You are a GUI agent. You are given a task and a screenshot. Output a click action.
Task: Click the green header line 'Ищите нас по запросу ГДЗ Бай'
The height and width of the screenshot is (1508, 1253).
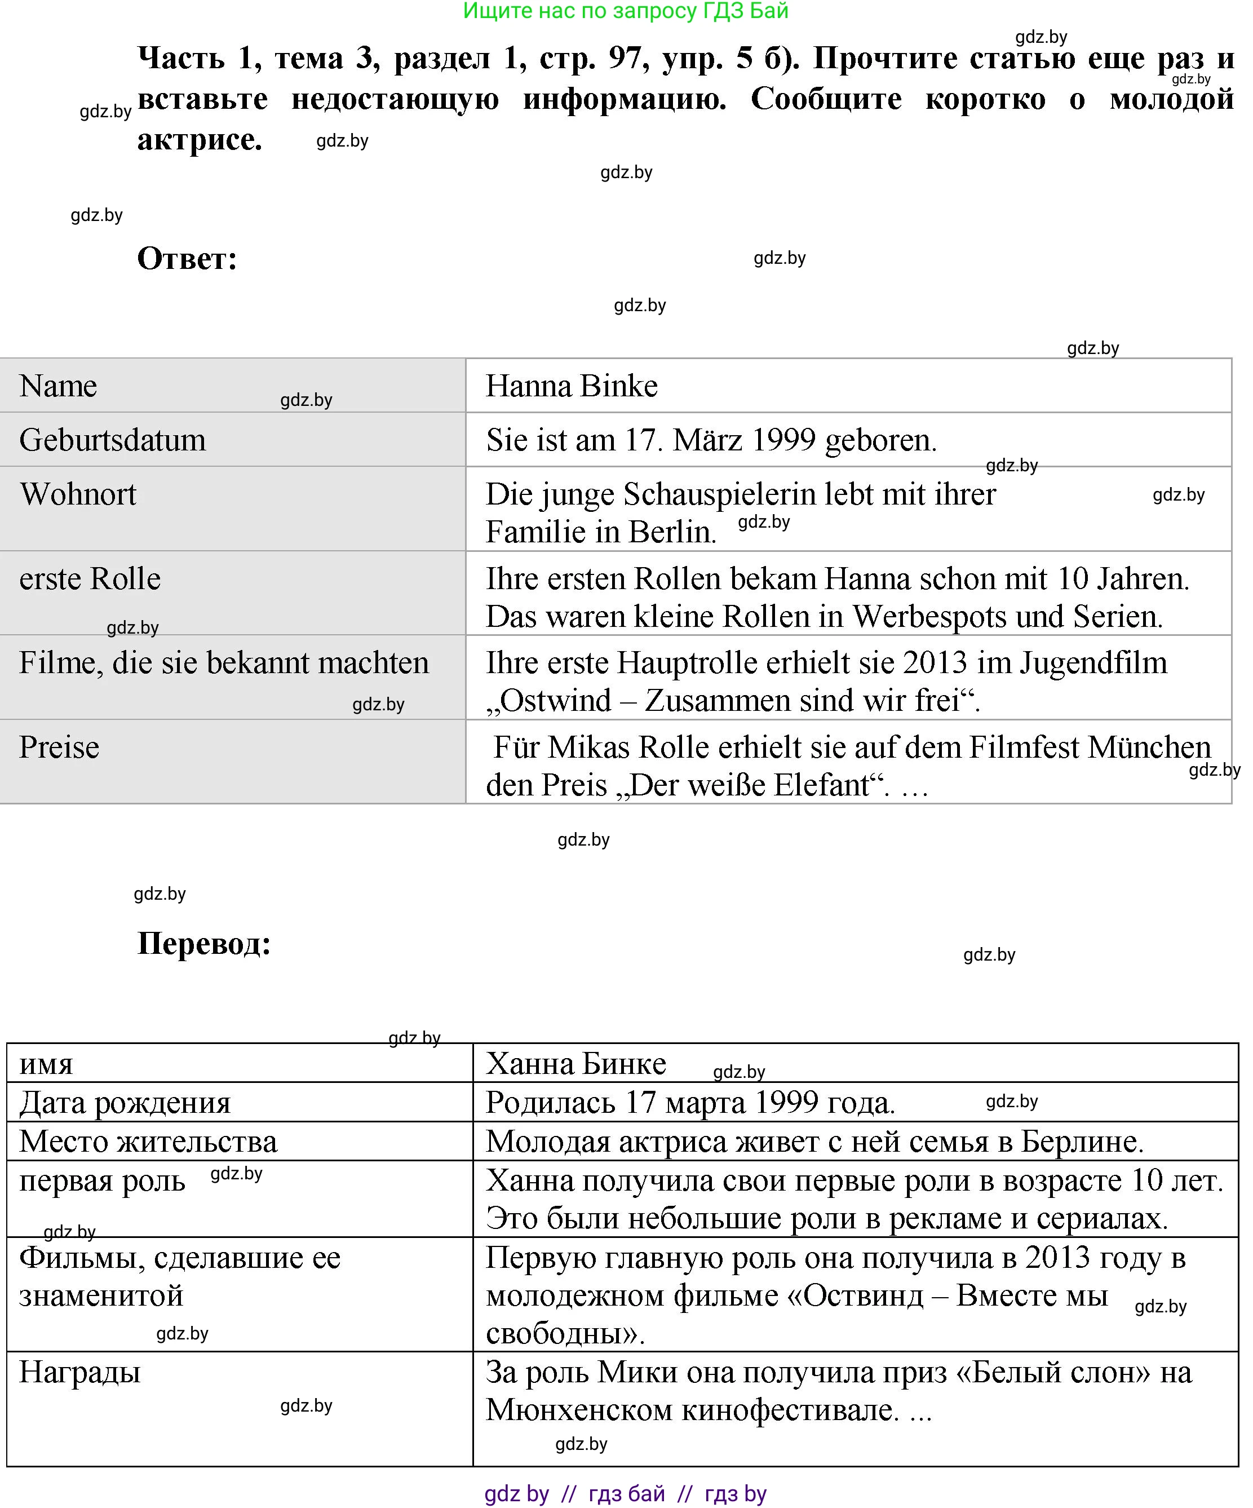pos(626,11)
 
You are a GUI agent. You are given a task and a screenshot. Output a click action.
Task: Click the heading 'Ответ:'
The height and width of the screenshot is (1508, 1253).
pos(187,259)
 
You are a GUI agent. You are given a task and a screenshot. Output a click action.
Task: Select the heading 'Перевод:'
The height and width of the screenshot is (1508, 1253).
pos(204,943)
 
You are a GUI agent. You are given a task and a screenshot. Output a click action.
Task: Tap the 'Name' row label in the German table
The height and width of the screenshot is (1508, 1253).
pos(58,386)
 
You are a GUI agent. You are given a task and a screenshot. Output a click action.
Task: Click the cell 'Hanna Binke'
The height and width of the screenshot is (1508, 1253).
pos(572,386)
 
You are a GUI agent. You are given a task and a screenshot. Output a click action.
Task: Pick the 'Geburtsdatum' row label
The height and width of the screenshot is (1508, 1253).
pos(112,440)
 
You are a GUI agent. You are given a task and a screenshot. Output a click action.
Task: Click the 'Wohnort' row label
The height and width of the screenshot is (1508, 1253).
pos(78,494)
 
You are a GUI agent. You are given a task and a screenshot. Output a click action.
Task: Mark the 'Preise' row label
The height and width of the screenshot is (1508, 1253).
pos(59,748)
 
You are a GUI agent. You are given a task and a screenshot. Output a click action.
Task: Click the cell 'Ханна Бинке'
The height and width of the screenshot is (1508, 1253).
pos(576,1064)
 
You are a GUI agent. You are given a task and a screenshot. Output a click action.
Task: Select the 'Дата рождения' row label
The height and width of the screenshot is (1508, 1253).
pos(125,1102)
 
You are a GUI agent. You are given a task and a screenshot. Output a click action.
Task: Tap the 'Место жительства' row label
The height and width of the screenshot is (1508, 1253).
pos(148,1142)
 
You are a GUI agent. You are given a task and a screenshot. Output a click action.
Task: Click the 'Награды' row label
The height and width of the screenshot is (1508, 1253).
pos(79,1372)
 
